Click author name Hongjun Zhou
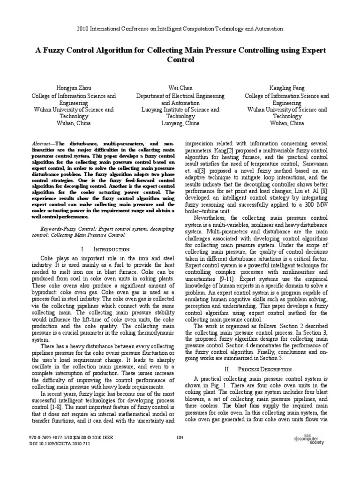tap(74, 88)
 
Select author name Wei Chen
tap(180, 88)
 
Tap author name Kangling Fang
tap(286, 88)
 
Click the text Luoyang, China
tap(180, 123)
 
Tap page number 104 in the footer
tap(180, 438)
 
